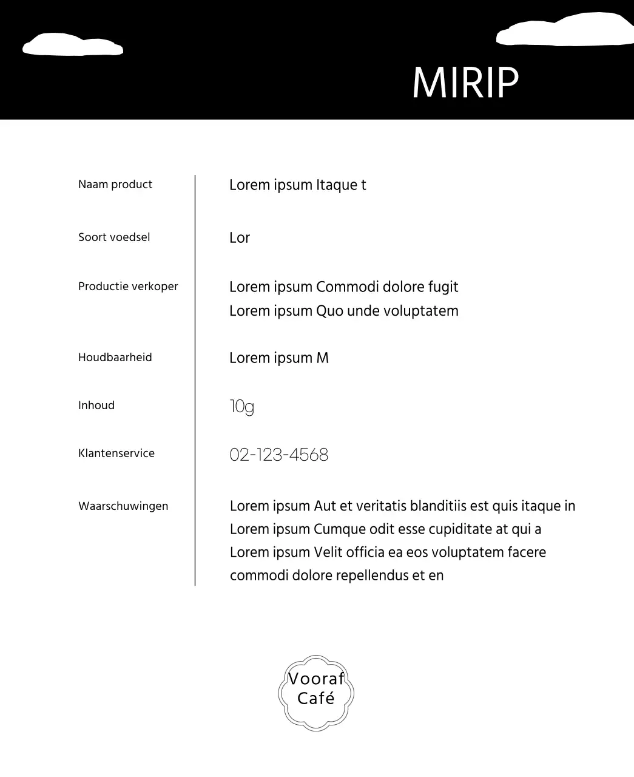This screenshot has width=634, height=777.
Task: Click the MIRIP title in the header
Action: [465, 82]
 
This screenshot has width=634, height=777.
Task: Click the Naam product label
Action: [115, 185]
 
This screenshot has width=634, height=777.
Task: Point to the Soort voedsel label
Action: [114, 237]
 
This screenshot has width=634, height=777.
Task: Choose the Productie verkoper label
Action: [128, 287]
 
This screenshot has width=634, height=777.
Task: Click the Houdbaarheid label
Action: [115, 358]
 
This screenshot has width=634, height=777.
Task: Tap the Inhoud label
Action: [96, 405]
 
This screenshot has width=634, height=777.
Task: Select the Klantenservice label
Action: [116, 453]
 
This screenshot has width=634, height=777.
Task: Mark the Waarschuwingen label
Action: [123, 506]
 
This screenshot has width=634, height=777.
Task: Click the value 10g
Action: [241, 407]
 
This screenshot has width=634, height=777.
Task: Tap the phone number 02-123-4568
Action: [278, 455]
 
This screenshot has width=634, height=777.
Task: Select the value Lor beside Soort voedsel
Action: [240, 238]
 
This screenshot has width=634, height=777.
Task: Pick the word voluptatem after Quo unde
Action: [424, 311]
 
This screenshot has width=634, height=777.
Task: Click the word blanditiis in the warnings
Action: [438, 506]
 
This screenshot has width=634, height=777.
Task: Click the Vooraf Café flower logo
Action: [316, 693]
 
